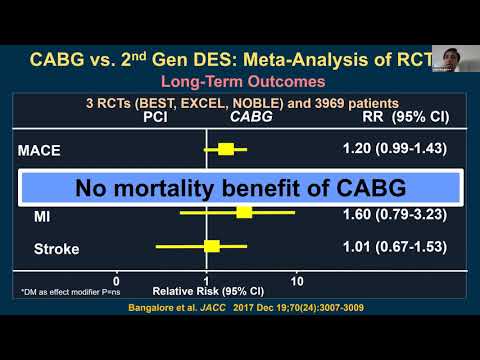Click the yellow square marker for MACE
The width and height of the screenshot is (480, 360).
(226, 149)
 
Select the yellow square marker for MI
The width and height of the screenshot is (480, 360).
(244, 211)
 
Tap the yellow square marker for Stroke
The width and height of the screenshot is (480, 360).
(211, 245)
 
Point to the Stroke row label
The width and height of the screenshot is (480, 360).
(48, 248)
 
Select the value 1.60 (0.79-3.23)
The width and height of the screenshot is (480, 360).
(388, 214)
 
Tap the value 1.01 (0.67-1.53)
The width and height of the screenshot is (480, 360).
(388, 246)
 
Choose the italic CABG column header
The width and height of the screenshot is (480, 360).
(251, 116)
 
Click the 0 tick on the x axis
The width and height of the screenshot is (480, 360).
(116, 281)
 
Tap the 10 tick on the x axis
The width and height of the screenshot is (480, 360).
(297, 281)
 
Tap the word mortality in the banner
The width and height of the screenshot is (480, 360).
(202, 188)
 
